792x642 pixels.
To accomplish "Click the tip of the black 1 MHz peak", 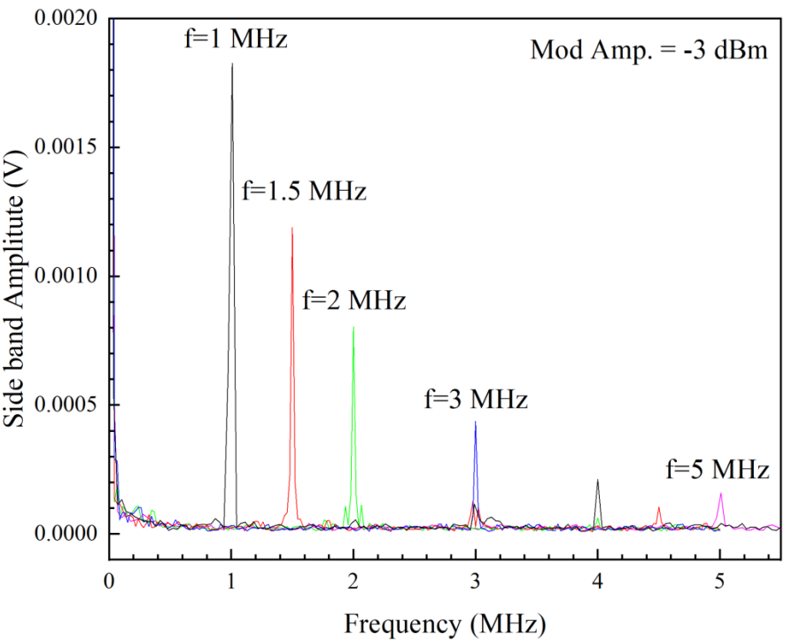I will pyautogui.click(x=232, y=64).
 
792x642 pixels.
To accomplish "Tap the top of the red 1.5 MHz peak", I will pyautogui.click(x=291, y=228).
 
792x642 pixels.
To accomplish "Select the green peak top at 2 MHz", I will pyautogui.click(x=353, y=327).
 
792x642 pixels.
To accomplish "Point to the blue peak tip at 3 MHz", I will pyautogui.click(x=476, y=421).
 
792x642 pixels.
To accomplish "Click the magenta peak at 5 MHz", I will pyautogui.click(x=721, y=493).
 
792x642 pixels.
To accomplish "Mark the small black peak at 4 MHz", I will pyautogui.click(x=598, y=480).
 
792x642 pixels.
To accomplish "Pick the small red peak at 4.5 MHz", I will pyautogui.click(x=659, y=507).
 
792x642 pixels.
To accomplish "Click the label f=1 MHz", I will pyautogui.click(x=236, y=39).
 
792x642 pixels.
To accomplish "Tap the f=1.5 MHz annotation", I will pyautogui.click(x=304, y=191).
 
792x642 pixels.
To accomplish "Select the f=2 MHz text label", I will pyautogui.click(x=354, y=300).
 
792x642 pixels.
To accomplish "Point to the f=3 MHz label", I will pyautogui.click(x=476, y=399).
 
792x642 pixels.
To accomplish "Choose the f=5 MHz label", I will pyautogui.click(x=718, y=469).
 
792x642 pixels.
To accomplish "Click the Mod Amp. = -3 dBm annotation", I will pyautogui.click(x=648, y=50).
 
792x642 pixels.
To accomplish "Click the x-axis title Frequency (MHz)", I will pyautogui.click(x=446, y=622).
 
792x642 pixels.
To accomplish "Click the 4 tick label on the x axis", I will pyautogui.click(x=598, y=582).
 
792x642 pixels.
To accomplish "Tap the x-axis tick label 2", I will pyautogui.click(x=353, y=582).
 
